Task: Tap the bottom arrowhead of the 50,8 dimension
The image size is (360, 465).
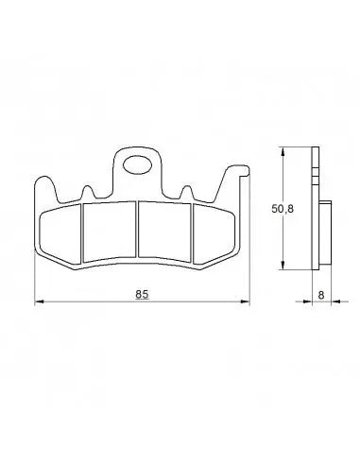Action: click(284, 267)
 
